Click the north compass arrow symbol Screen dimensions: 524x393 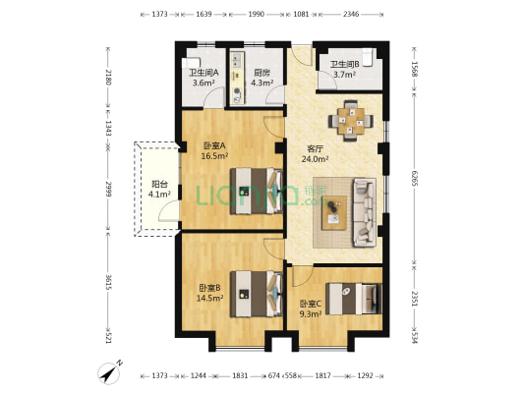coord(109,372)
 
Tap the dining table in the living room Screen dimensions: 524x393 coord(351,121)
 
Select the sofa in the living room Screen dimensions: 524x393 coord(365,212)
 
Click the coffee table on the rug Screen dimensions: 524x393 coord(334,212)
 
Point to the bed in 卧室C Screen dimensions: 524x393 coord(354,299)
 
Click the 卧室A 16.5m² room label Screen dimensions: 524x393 coord(214,150)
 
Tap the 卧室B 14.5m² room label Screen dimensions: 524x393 coord(209,293)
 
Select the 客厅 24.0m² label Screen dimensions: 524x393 coord(315,154)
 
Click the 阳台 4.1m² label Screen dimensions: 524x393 coord(159,189)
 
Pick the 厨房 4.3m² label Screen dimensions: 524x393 coord(262,78)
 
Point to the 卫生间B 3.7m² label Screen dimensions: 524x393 coord(344,69)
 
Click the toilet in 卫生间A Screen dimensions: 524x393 coord(191,63)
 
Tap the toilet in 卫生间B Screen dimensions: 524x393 coord(368,58)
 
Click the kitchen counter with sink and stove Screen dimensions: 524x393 coord(237,78)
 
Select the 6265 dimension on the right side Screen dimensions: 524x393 coord(415,178)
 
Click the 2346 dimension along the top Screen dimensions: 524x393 coord(351,14)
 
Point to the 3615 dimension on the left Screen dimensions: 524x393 coord(108,283)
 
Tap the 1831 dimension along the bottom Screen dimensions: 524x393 coord(240,376)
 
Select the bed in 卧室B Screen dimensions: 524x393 coord(257,294)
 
